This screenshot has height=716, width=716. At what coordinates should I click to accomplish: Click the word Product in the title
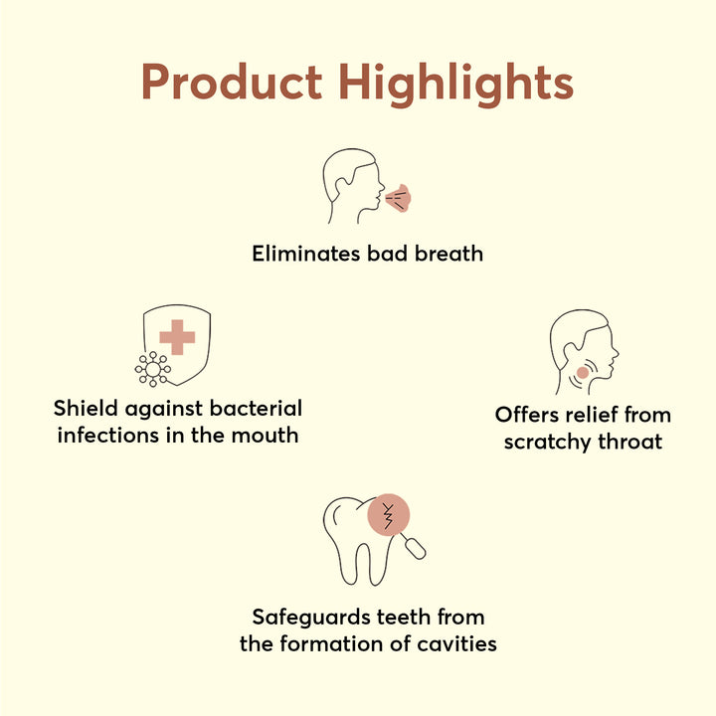pos(232,82)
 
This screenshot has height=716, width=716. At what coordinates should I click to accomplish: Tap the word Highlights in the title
pos(455,85)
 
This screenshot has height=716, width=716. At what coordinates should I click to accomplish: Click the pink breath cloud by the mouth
pos(398,199)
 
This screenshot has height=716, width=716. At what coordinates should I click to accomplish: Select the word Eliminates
pos(306,254)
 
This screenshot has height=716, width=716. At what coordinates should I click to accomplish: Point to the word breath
pos(448,254)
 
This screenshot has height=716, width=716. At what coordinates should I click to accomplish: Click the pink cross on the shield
pos(177,337)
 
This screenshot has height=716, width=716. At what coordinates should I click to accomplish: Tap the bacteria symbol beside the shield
pos(153,369)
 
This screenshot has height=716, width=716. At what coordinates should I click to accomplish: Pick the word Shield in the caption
pos(86,408)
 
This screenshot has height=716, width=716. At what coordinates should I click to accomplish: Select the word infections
pos(108,435)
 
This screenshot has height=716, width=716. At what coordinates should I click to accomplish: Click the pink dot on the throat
pos(582,373)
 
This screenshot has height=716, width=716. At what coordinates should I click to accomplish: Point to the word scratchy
pos(548,443)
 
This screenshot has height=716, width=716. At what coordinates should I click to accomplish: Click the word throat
pos(630,442)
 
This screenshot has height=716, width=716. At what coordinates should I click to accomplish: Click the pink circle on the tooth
pos(389,514)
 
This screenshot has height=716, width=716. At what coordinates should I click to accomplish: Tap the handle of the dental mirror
pos(415,548)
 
